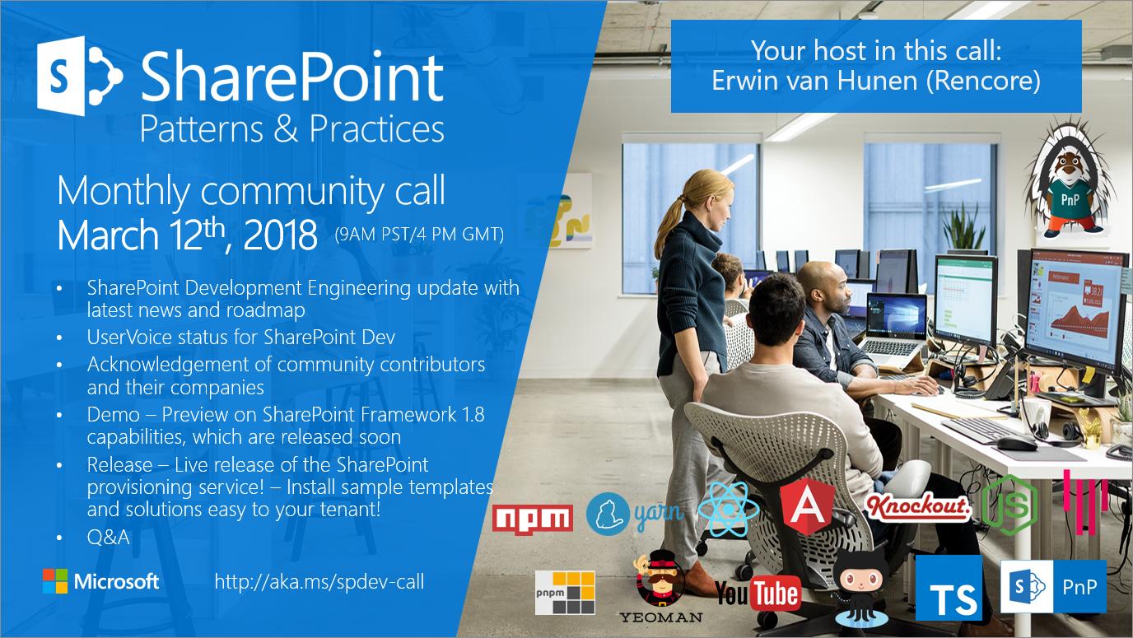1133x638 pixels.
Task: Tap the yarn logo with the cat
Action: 635,514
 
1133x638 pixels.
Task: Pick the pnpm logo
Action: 565,593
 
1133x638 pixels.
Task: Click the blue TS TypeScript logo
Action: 949,588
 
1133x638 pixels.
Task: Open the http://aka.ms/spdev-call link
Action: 319,582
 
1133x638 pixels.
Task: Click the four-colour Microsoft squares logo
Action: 55,581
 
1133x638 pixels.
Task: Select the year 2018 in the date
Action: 280,235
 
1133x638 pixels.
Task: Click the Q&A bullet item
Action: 108,537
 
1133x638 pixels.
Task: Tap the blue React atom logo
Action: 729,509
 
